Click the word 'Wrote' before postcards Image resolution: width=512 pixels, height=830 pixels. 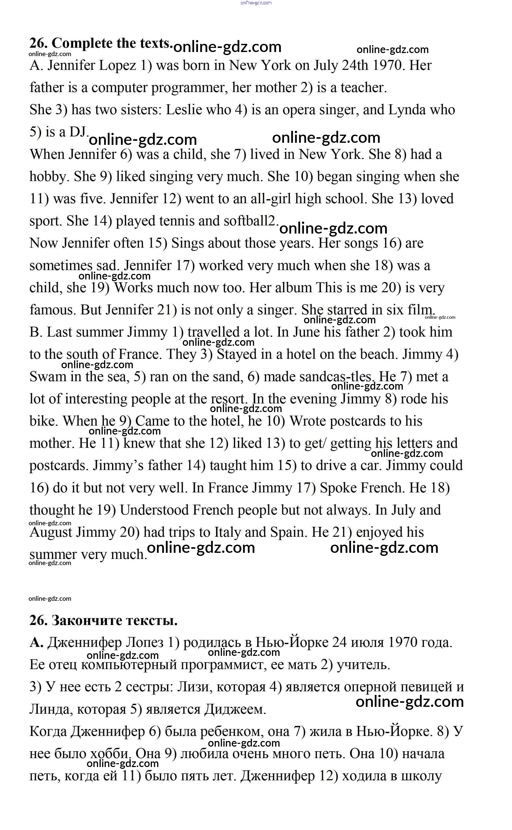[x=307, y=421]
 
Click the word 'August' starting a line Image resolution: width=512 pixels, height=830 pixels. [x=51, y=532]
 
